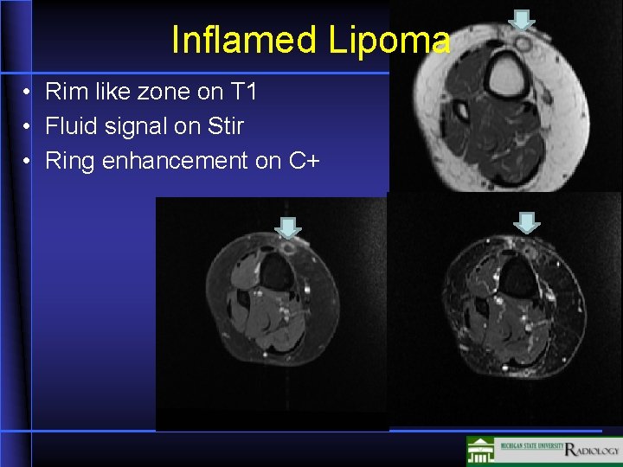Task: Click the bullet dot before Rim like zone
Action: point(29,92)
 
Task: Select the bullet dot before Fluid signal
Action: point(29,127)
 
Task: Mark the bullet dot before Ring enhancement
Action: point(29,162)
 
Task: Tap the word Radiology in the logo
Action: point(592,450)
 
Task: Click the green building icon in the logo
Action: point(480,451)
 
